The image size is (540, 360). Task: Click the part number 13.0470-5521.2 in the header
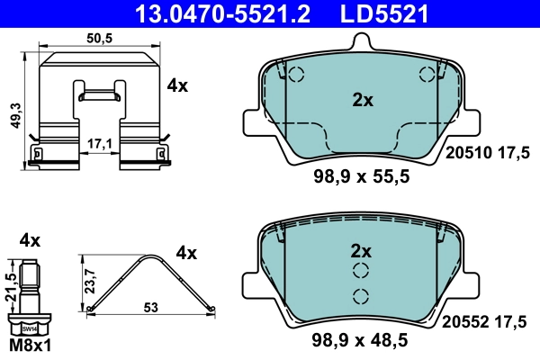[x=241, y=13]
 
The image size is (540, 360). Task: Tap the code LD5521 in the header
[x=384, y=13]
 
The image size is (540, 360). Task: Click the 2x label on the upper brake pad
[x=362, y=101]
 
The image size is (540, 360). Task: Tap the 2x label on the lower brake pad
[x=362, y=249]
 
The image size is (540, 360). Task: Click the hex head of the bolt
[x=30, y=328]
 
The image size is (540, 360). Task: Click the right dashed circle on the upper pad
[x=427, y=75]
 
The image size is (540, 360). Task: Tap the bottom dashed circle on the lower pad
[x=362, y=297]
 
